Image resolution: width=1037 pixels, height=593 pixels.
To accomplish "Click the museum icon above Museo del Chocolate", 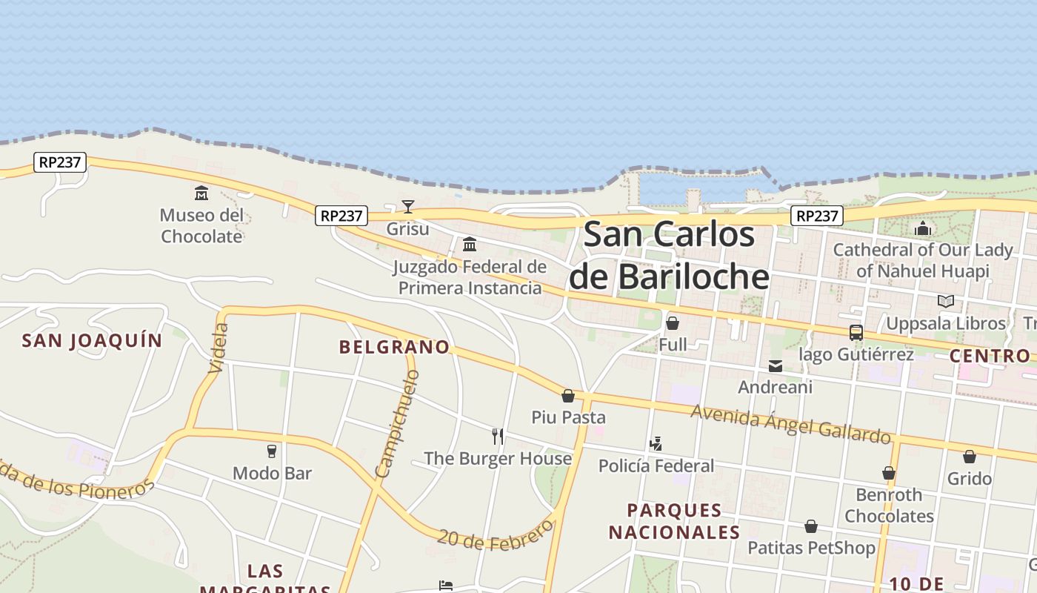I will [x=201, y=193].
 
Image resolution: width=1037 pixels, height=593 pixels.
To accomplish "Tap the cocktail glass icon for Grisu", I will [x=408, y=206].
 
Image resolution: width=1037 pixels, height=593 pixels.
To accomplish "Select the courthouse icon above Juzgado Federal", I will [x=470, y=244].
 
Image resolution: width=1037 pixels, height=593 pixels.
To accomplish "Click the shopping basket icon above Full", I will [x=673, y=323].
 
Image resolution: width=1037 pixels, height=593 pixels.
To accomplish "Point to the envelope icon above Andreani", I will [x=776, y=365].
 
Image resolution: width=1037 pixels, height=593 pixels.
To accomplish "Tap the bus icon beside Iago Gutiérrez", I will [x=856, y=333].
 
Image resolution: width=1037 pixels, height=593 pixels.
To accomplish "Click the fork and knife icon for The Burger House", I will [x=498, y=436].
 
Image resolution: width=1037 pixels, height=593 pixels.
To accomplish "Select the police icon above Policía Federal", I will [x=656, y=444].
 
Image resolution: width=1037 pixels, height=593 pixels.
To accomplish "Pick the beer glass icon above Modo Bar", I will [x=272, y=451].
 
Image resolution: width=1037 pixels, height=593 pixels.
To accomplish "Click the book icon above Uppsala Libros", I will [x=946, y=302].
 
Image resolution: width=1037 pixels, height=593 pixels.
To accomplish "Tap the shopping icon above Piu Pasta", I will [x=568, y=396].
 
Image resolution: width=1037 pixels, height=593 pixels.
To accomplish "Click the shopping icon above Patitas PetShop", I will [x=811, y=526].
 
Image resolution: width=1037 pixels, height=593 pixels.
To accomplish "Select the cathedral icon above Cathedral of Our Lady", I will [x=923, y=228].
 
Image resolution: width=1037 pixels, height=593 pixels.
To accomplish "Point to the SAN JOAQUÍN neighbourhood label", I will [x=92, y=340].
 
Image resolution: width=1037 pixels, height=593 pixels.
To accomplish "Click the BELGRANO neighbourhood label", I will [x=394, y=347].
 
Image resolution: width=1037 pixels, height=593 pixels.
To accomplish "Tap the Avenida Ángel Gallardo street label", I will [x=790, y=424].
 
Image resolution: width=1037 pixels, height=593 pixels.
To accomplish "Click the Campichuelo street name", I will [x=397, y=424].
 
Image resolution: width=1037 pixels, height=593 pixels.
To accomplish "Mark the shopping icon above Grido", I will [x=970, y=457].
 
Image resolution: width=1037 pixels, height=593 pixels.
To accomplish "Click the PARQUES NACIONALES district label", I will [x=674, y=521].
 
